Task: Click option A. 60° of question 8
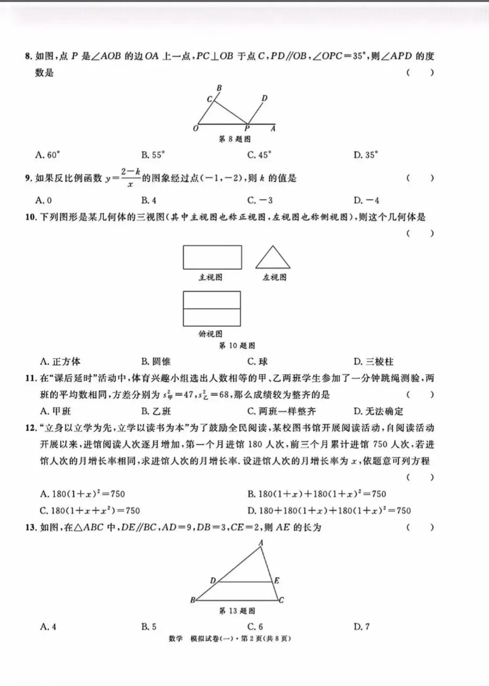(x=47, y=155)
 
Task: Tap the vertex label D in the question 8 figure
(x=264, y=98)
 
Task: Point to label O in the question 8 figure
(x=196, y=129)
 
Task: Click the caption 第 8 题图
(x=235, y=139)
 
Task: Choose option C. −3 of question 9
(x=260, y=200)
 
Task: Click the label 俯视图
(x=210, y=333)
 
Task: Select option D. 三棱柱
(x=373, y=362)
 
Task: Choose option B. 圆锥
(x=156, y=362)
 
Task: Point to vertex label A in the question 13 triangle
(x=261, y=543)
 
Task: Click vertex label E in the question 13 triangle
(x=277, y=580)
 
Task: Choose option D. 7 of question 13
(x=361, y=626)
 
